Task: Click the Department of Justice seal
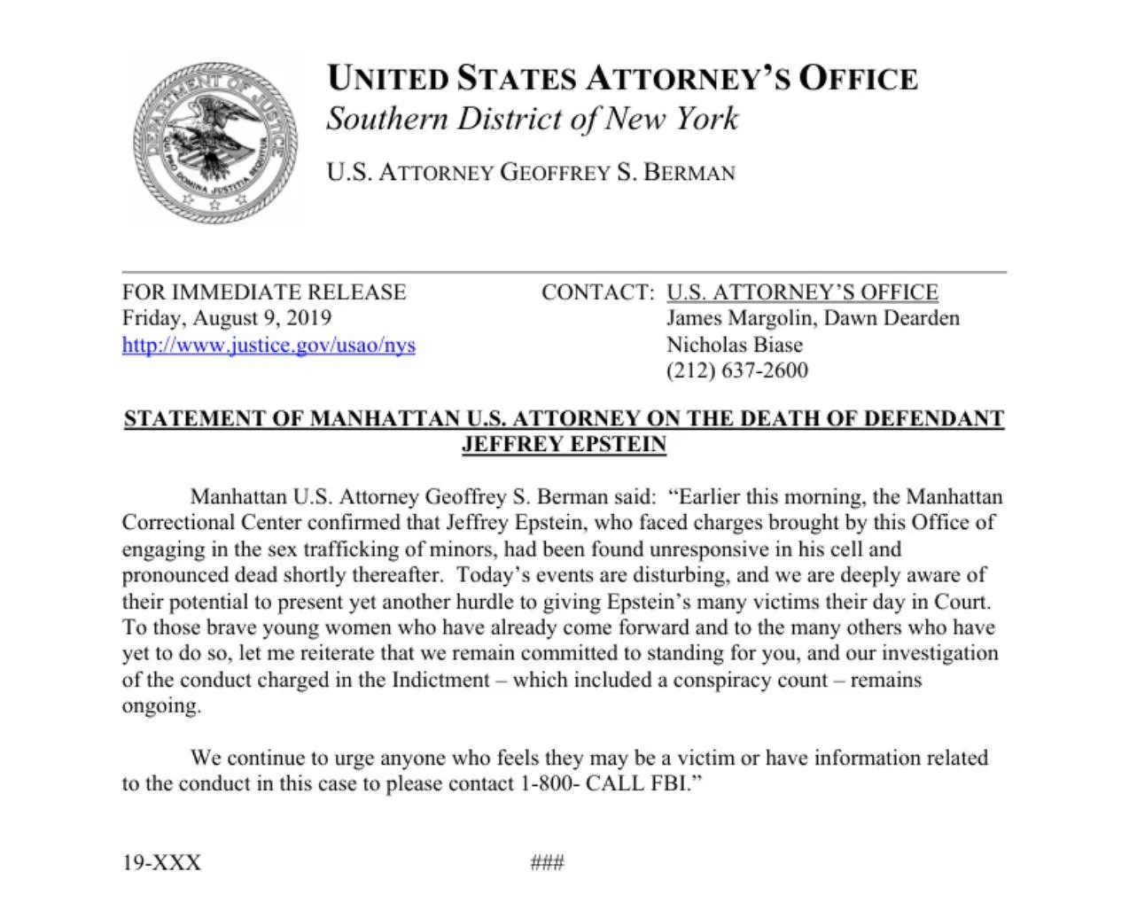tap(214, 140)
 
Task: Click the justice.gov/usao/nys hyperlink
tap(269, 345)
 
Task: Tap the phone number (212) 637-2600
tap(736, 370)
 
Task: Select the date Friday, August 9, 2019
tap(227, 318)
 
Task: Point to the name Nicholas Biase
tap(735, 345)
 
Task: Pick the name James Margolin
tap(740, 318)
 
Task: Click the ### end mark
tap(547, 862)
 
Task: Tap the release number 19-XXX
tap(161, 862)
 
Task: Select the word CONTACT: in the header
tap(597, 292)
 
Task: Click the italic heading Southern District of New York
tap(532, 119)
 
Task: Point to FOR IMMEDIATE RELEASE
tap(264, 292)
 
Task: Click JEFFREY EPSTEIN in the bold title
tap(564, 444)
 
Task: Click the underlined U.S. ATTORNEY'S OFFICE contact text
tap(802, 292)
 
